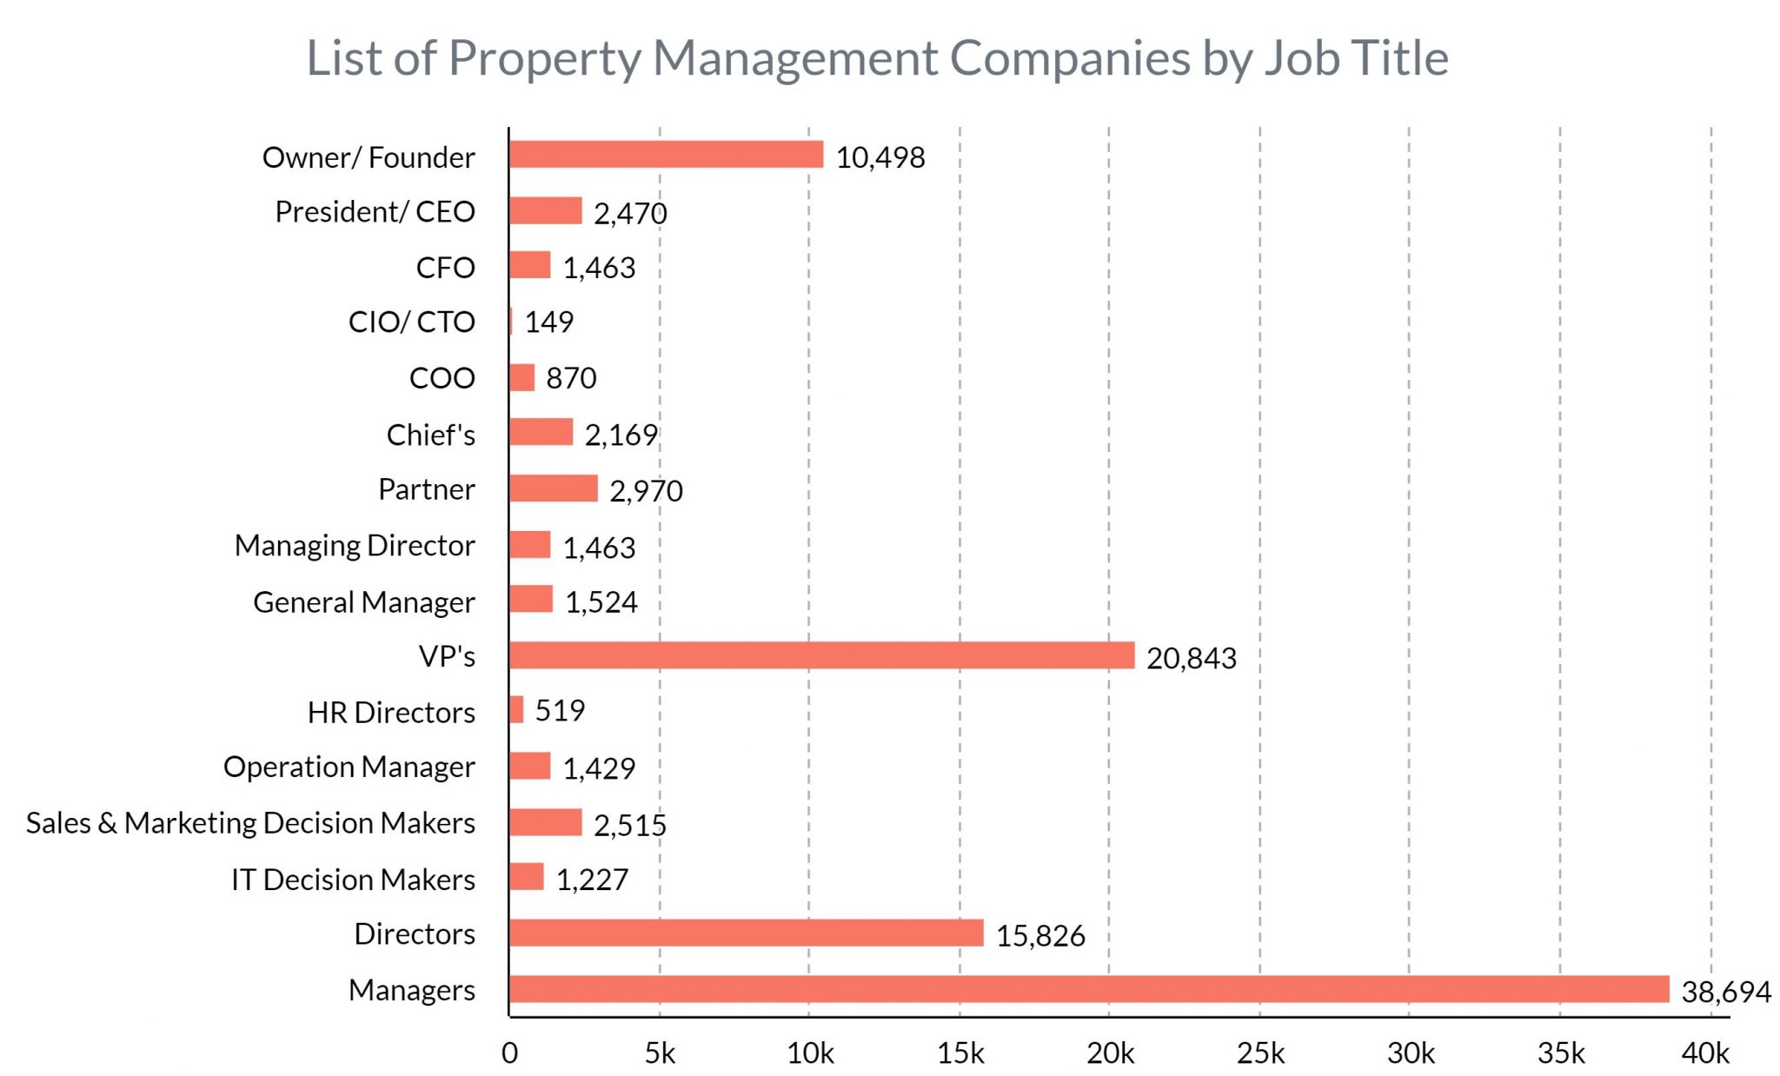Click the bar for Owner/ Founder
coord(666,155)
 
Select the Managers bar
coord(1088,989)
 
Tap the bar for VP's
coord(821,655)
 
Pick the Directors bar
coord(746,933)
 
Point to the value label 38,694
coord(1725,992)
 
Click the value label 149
coord(548,322)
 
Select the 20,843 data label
coord(1191,659)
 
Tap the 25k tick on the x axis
coord(1260,1053)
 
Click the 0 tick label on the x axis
coord(509,1053)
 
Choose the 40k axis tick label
coord(1704,1053)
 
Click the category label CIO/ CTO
coord(411,322)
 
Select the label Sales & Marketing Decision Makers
coord(250,823)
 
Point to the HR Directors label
coord(391,713)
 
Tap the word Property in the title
coord(544,59)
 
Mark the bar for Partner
coord(554,488)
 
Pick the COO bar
coord(521,378)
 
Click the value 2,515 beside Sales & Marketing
coord(629,825)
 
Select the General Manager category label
coord(363,602)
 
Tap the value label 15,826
coord(1039,936)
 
